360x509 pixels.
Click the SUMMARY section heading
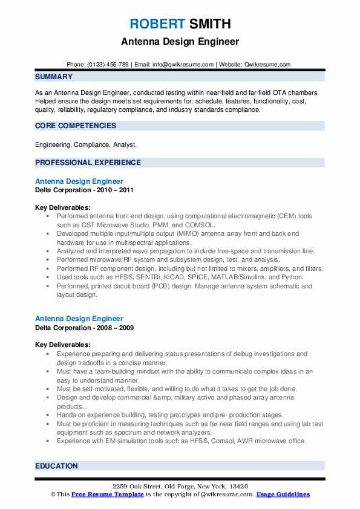click(x=54, y=77)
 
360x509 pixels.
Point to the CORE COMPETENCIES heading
click(x=76, y=126)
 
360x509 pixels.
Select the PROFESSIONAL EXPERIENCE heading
click(x=88, y=163)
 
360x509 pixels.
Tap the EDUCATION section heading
click(x=56, y=466)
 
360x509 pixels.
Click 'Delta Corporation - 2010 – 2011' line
click(x=84, y=190)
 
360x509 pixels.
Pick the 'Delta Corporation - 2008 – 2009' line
click(x=84, y=328)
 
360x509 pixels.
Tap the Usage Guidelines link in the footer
click(x=283, y=494)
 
